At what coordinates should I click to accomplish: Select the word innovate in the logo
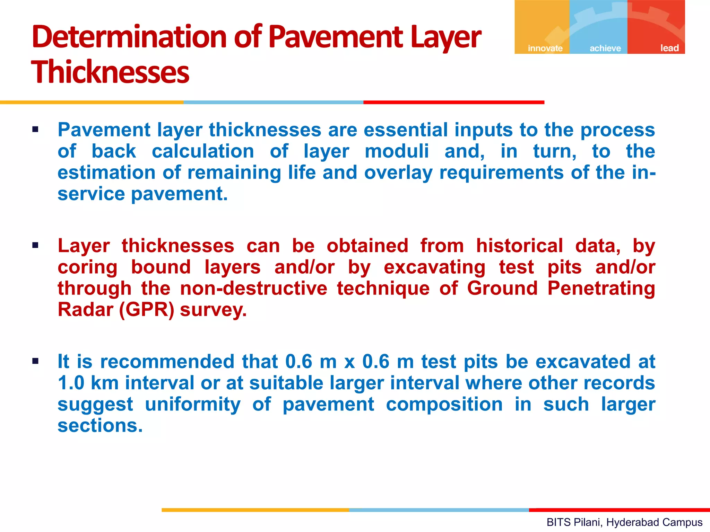click(545, 48)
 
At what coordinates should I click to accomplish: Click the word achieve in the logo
click(605, 48)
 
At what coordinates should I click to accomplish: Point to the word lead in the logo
click(669, 48)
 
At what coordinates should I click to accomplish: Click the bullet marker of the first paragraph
click(35, 130)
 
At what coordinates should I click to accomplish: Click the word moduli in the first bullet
click(397, 151)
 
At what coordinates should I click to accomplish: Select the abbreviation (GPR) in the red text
click(146, 310)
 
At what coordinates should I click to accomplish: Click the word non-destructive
click(253, 289)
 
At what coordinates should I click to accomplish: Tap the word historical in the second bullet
click(519, 246)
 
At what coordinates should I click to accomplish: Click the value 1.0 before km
click(71, 383)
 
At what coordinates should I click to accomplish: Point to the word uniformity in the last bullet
click(192, 405)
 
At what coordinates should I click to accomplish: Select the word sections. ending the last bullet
click(100, 426)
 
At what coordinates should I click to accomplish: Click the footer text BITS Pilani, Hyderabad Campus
click(624, 522)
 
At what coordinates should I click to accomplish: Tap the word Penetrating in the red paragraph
click(601, 289)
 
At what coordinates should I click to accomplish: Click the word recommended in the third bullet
click(167, 362)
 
